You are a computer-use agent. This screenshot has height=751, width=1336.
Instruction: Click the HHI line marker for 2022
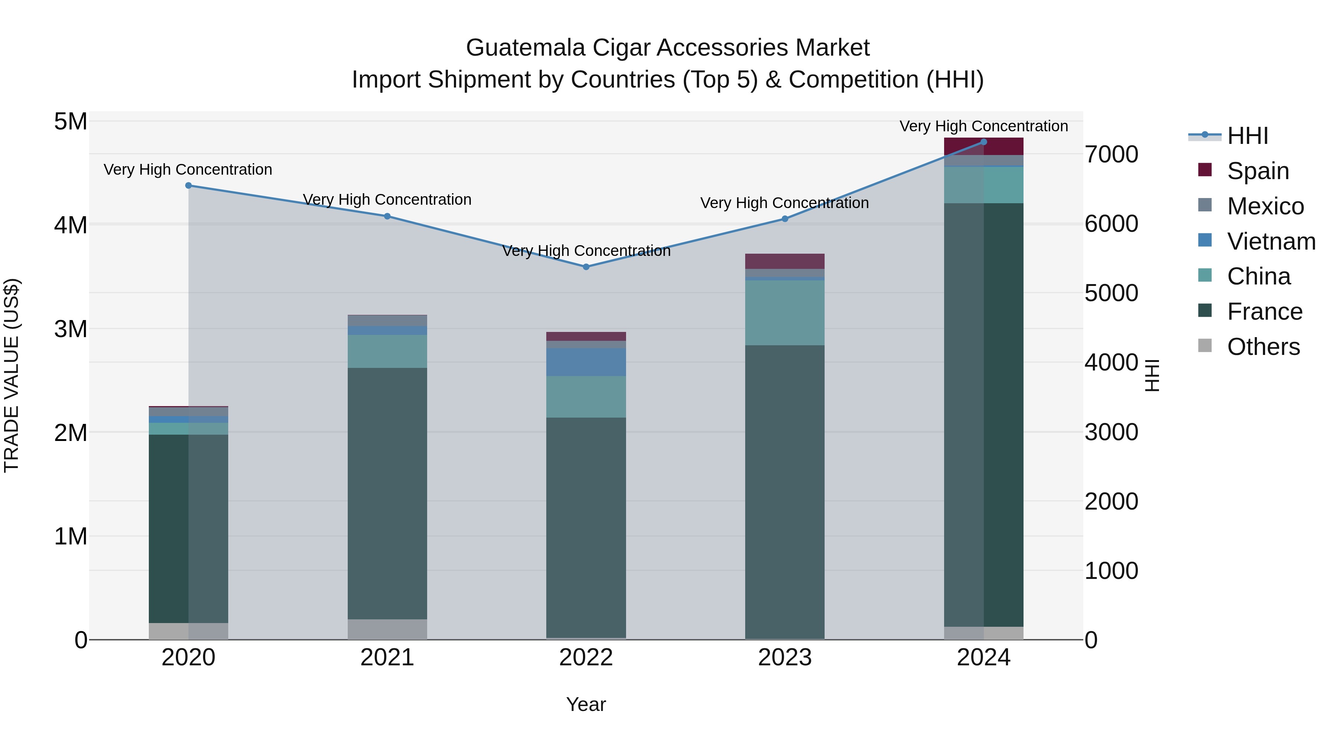[586, 267]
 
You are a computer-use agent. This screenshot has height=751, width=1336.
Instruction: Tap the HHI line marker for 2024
[983, 142]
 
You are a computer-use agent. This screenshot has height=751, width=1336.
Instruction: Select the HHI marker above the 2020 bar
[188, 185]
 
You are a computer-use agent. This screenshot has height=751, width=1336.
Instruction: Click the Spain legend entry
[1258, 171]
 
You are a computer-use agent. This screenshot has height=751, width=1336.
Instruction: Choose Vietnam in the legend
[1271, 241]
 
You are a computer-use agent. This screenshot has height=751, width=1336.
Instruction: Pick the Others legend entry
[1263, 347]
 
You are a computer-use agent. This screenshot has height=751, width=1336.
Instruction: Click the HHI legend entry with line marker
[1247, 136]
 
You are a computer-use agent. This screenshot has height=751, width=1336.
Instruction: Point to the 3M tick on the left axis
[71, 329]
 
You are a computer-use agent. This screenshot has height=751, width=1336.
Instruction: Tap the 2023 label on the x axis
[785, 658]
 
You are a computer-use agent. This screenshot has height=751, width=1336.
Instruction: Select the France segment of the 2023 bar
[785, 493]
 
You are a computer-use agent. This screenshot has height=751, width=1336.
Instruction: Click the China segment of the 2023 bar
[785, 313]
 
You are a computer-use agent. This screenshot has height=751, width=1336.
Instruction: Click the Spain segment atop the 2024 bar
[983, 146]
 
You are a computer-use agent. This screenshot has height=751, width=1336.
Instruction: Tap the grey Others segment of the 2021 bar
[387, 629]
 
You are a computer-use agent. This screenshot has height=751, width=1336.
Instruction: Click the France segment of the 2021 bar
[387, 493]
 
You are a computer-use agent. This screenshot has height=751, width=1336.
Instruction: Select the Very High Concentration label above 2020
[188, 169]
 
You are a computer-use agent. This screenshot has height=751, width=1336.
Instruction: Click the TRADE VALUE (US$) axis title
[12, 375]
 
